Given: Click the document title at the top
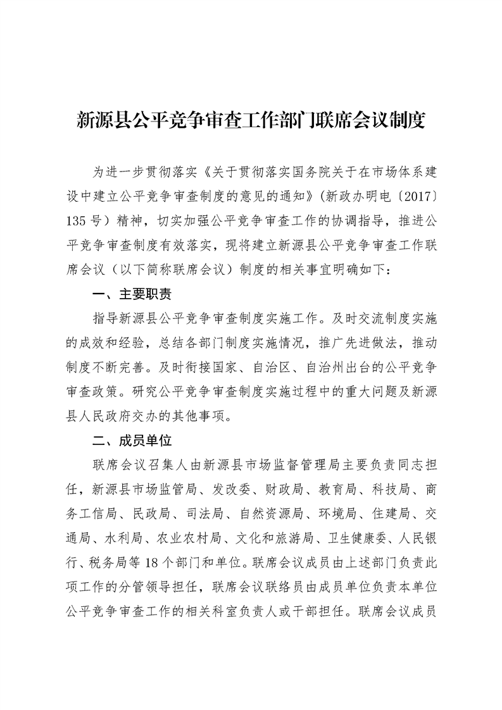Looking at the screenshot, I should [251, 120].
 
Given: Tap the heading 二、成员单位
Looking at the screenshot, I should [132, 440].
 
